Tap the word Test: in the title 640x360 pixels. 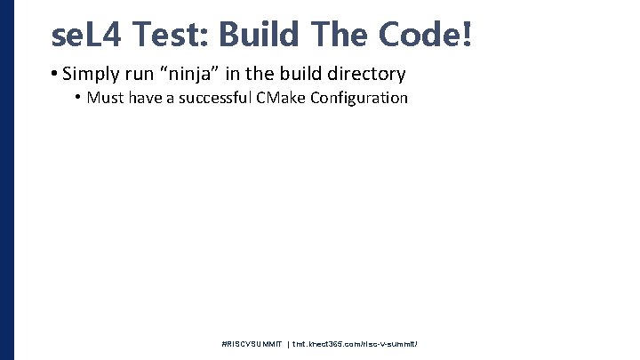[177, 35]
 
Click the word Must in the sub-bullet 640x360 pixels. [106, 98]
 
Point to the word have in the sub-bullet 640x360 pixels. [145, 98]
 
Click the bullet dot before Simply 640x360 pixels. [55, 74]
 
